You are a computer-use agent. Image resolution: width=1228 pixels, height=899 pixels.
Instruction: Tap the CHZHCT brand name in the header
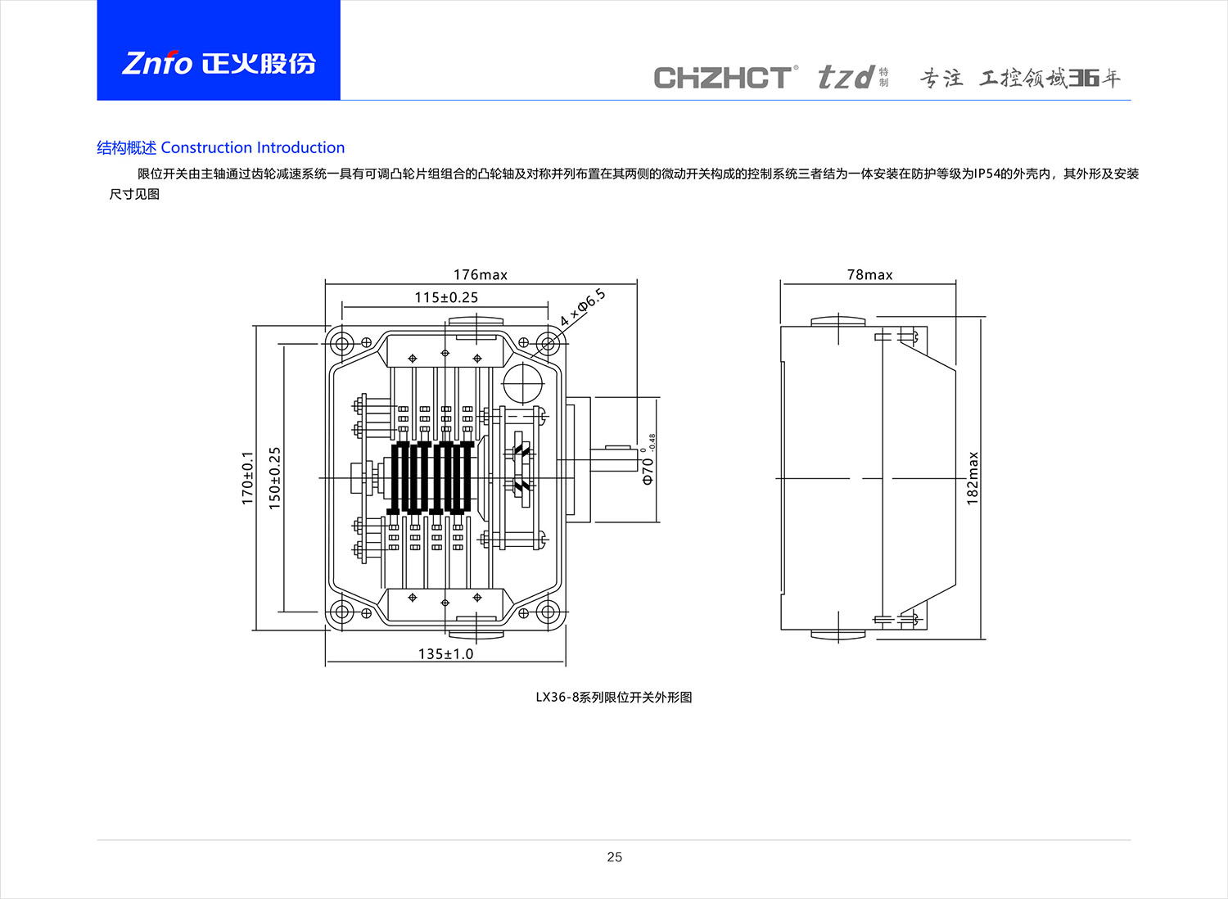point(723,78)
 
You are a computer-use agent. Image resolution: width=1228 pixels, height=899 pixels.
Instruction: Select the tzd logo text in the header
point(847,78)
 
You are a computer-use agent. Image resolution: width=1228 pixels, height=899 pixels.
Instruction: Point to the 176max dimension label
point(481,274)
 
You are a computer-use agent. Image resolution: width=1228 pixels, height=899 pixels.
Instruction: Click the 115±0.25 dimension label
point(446,297)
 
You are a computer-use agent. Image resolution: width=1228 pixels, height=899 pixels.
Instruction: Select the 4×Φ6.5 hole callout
point(583,308)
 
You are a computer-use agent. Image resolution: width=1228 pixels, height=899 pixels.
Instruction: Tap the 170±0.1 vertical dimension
point(247,477)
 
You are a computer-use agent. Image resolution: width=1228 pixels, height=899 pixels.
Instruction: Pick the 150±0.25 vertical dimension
point(274,477)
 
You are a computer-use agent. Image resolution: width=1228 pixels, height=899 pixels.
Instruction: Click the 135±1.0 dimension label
point(445,653)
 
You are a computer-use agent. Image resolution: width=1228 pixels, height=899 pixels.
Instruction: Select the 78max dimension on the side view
point(869,274)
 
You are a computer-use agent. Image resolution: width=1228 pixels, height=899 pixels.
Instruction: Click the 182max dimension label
point(973,477)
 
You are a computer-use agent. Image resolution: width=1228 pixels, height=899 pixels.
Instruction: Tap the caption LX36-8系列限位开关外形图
point(614,697)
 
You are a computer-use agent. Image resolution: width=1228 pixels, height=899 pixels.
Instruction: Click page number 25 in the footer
point(614,856)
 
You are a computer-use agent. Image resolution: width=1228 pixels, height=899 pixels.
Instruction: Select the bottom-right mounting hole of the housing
point(548,612)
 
